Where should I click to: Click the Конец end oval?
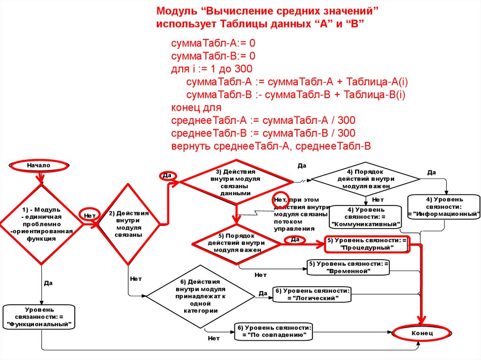421,333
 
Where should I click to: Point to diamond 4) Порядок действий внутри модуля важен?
365,179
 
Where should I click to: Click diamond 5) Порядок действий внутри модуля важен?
236,242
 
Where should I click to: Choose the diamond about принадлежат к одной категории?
200,296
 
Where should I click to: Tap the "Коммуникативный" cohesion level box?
366,216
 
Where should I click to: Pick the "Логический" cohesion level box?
312,294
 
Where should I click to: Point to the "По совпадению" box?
274,331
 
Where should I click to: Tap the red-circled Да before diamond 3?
167,176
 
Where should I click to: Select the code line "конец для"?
193,107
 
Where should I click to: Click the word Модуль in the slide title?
176,11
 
